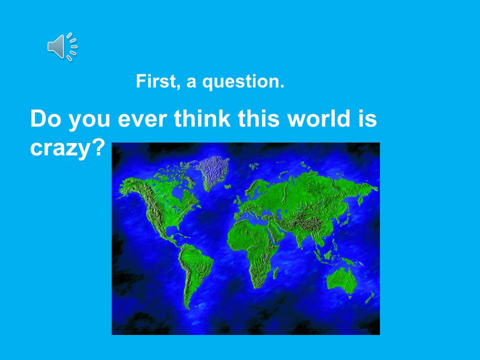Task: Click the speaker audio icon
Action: point(62,46)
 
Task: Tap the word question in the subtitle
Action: point(243,82)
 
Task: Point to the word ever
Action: point(142,119)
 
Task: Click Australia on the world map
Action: point(341,280)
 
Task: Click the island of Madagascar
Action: point(275,273)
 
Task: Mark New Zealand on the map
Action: point(370,297)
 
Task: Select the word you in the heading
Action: point(89,120)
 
